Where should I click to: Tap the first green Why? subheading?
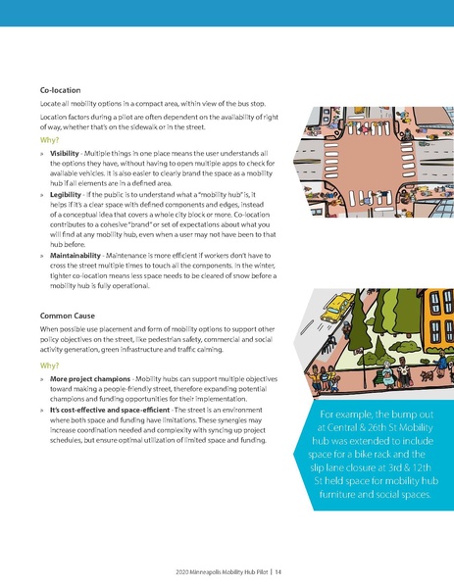click(x=50, y=140)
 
